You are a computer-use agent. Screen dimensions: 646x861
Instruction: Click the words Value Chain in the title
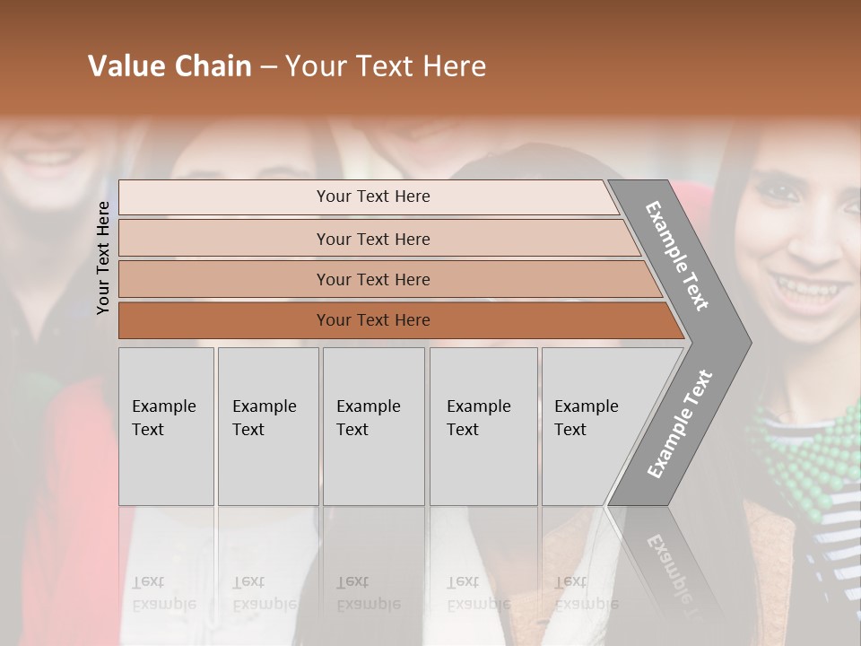click(170, 66)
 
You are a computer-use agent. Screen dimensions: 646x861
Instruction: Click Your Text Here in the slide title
click(386, 66)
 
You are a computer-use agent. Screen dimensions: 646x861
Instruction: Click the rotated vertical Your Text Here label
click(103, 258)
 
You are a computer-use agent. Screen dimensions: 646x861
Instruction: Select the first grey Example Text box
click(166, 426)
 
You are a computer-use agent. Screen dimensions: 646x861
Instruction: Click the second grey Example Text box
click(268, 426)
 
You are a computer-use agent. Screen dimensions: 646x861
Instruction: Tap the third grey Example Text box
click(373, 426)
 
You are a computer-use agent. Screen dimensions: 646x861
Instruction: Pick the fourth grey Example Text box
click(483, 426)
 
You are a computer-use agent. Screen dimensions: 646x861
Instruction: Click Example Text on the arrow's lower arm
click(680, 424)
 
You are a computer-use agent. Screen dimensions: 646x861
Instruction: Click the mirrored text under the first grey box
click(164, 592)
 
